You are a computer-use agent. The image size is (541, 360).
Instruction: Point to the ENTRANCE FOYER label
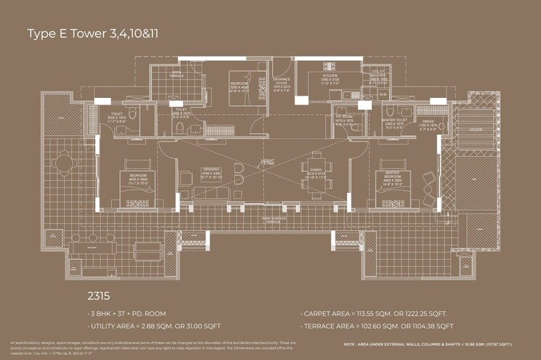(x=282, y=82)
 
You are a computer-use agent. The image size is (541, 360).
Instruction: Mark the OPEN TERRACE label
(x=176, y=73)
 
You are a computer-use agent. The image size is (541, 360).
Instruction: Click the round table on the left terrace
(x=65, y=164)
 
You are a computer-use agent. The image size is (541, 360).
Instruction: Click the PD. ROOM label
(x=343, y=119)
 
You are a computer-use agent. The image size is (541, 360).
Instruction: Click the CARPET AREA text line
(x=373, y=314)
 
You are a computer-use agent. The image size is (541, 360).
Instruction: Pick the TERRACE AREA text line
(x=377, y=326)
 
